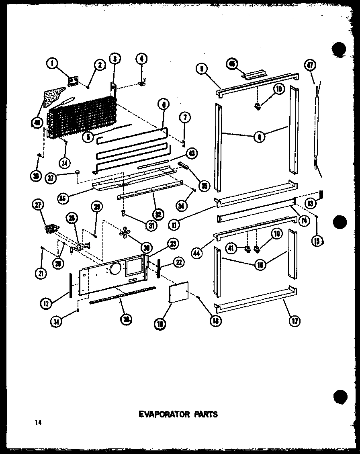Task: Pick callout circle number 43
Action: click(x=191, y=154)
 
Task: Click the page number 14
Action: click(x=38, y=422)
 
